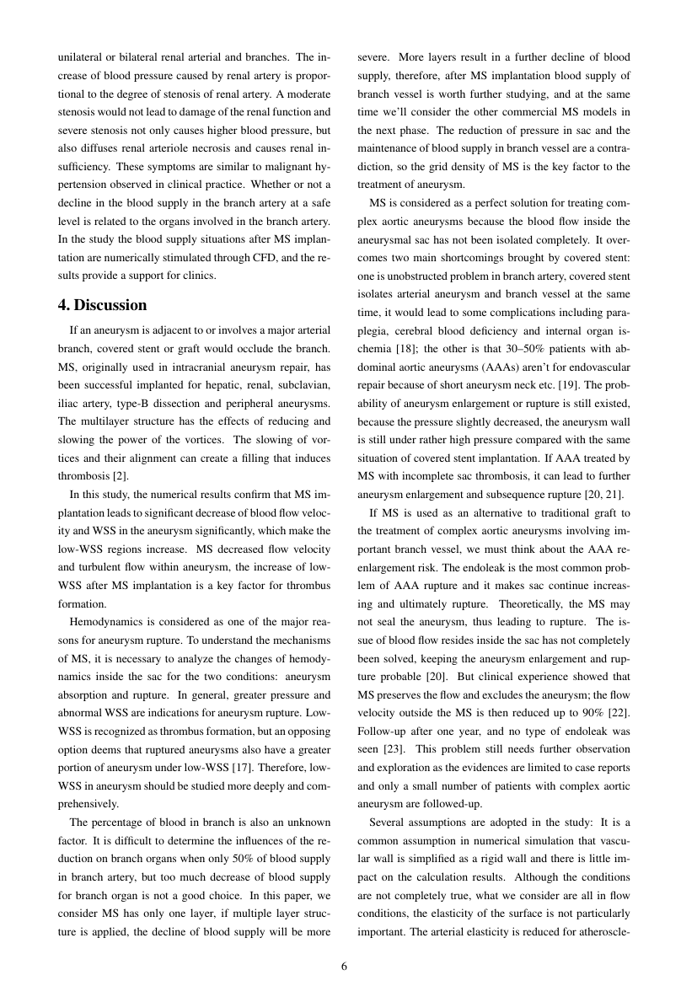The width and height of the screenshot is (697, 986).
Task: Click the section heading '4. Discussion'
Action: pyautogui.click(x=102, y=304)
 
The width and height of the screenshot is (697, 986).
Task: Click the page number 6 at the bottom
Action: pyautogui.click(x=344, y=966)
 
